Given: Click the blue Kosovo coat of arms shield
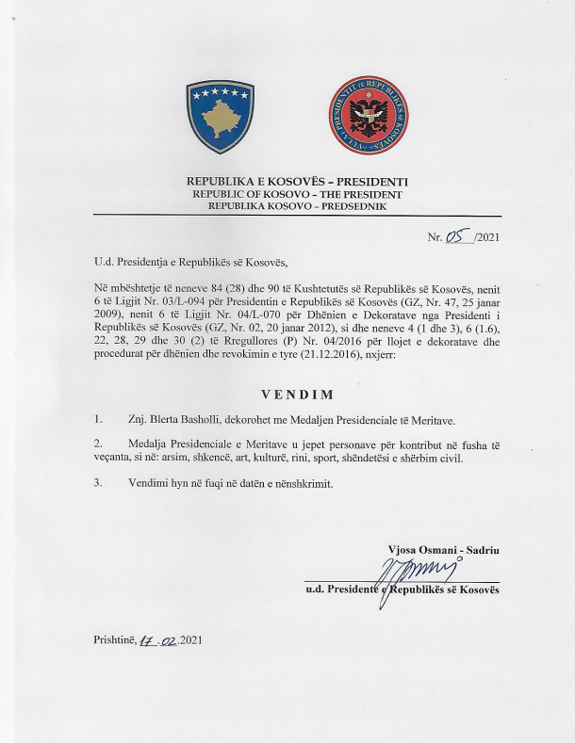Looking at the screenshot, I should (x=221, y=117).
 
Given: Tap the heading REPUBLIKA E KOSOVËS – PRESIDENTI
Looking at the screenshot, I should (x=298, y=181).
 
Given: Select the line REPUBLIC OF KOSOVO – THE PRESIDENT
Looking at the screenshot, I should (x=298, y=193).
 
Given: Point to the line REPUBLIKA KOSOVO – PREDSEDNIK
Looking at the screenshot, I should (x=298, y=204).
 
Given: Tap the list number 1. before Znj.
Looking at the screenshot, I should (x=99, y=417).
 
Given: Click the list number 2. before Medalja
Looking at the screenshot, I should (x=99, y=442).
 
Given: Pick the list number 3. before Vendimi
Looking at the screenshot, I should (x=99, y=482).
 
